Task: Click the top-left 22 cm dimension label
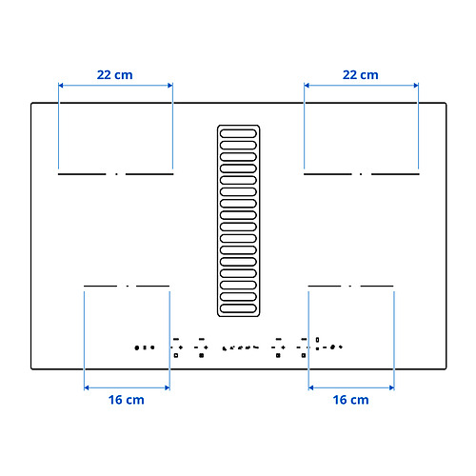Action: click(115, 73)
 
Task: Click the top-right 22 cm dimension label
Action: click(360, 73)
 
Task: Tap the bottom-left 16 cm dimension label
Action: click(126, 401)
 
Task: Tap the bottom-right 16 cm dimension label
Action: click(350, 401)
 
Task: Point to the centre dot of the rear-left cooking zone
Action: click(116, 174)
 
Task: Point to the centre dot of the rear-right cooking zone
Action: click(361, 174)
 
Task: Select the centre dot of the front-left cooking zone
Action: click(127, 286)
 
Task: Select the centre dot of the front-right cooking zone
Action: click(350, 286)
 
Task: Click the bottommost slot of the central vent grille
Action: click(238, 308)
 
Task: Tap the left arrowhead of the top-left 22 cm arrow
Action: click(61, 86)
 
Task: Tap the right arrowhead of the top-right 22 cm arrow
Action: click(416, 86)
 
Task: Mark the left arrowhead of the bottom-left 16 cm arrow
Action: click(87, 387)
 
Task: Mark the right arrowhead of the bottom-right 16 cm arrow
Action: click(391, 387)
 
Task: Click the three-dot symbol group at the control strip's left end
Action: click(144, 347)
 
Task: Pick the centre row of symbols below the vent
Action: click(239, 347)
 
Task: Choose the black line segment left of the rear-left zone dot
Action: click(84, 174)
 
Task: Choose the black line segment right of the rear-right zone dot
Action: click(394, 174)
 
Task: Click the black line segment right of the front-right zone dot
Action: click(376, 286)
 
